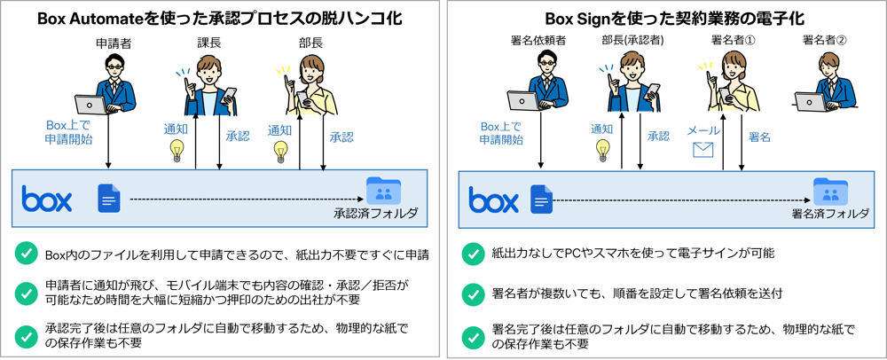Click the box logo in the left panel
[47, 199]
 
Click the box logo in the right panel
[493, 199]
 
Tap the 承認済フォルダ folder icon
[383, 191]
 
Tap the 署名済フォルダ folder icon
[830, 191]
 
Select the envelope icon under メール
[703, 150]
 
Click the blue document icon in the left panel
[109, 199]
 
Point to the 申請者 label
[114, 43]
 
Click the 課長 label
[208, 43]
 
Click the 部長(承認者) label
[632, 41]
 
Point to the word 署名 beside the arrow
[759, 137]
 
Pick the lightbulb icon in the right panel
[602, 149]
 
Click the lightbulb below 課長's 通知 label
[178, 149]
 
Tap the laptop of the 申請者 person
[92, 105]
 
